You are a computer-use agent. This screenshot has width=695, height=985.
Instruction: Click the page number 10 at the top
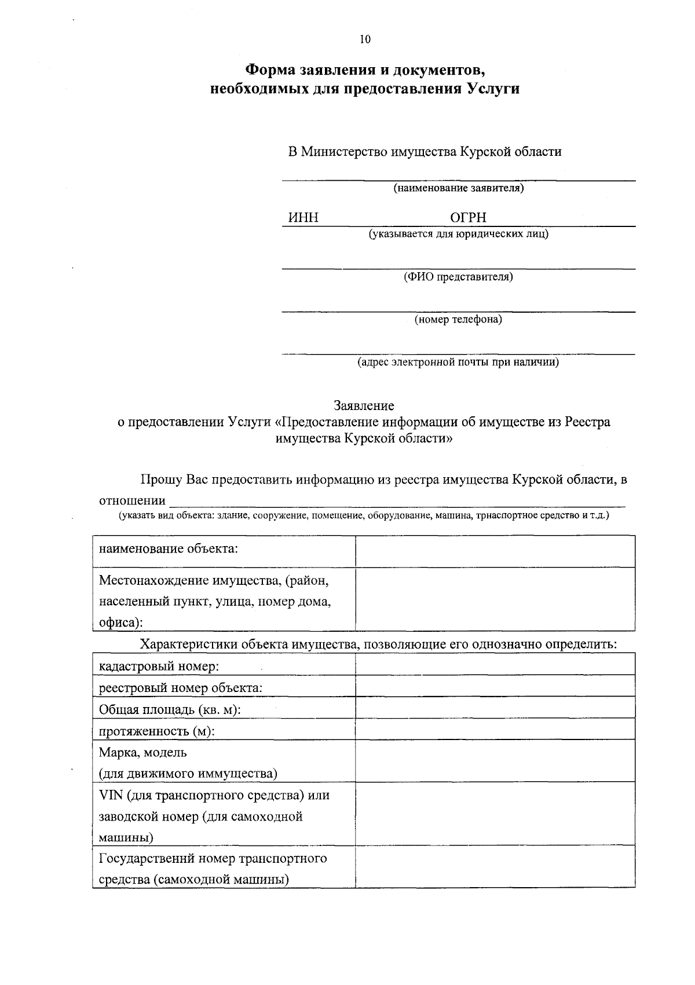[364, 39]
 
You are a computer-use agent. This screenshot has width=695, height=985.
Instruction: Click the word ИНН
[303, 218]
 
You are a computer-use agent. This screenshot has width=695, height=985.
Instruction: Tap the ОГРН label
[468, 218]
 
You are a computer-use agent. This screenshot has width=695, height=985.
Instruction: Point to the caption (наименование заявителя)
[458, 188]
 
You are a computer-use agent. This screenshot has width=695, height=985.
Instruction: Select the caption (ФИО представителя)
[458, 277]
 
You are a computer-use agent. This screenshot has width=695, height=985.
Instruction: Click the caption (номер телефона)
[458, 319]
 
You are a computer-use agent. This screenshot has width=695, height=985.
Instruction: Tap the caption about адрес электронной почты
[458, 362]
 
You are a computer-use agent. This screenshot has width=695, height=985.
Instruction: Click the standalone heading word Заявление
[364, 406]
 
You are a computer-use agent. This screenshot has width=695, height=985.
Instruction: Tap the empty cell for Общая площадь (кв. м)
[495, 708]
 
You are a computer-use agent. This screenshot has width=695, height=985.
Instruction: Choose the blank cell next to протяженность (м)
[495, 729]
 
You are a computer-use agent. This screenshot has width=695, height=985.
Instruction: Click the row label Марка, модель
[143, 752]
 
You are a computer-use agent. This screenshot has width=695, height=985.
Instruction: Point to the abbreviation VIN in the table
[111, 795]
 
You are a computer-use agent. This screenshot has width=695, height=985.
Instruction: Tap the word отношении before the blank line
[132, 500]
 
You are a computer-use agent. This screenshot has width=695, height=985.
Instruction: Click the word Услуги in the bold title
[492, 89]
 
